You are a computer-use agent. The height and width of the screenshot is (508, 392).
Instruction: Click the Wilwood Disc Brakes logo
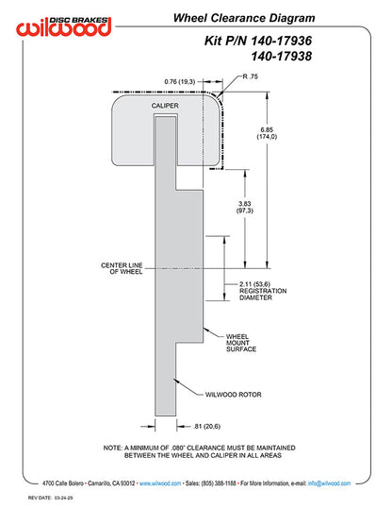(64, 25)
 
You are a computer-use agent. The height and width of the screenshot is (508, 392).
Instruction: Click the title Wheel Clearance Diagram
(244, 18)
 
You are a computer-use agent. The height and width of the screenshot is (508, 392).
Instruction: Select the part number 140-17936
(281, 41)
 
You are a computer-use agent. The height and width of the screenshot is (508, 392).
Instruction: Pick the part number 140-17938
(281, 56)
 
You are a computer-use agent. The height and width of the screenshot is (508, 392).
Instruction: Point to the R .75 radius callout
(251, 76)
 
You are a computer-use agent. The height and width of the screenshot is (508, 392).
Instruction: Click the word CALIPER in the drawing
(165, 106)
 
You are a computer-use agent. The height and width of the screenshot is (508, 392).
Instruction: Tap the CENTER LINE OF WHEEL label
(122, 268)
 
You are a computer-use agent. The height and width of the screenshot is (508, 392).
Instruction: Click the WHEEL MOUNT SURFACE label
(241, 343)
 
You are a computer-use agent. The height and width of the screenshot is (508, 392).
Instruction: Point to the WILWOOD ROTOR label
(233, 395)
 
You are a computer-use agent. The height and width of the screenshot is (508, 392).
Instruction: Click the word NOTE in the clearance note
(112, 448)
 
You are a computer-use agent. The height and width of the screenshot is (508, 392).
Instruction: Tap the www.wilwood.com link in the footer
(160, 483)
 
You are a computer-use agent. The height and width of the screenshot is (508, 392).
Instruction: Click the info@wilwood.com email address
(329, 483)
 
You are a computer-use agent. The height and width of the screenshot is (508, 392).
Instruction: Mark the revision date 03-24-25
(64, 498)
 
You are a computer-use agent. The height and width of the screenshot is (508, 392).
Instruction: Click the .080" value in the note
(178, 448)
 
